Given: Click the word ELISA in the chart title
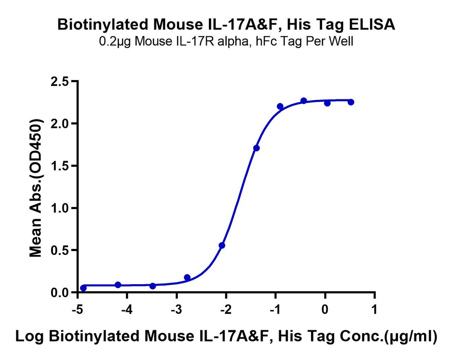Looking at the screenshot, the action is pyautogui.click(x=372, y=25).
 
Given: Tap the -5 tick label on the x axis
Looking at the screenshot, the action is pyautogui.click(x=78, y=310).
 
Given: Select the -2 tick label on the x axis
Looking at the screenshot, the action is pyautogui.click(x=226, y=310).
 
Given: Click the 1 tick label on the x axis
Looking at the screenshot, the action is pyautogui.click(x=375, y=310).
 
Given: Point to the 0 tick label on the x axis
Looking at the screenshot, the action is pyautogui.click(x=325, y=310).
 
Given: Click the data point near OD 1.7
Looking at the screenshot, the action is pyautogui.click(x=256, y=148).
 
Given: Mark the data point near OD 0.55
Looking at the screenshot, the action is pyautogui.click(x=222, y=246).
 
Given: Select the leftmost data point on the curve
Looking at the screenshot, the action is pyautogui.click(x=83, y=288).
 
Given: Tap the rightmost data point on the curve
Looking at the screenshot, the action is pyautogui.click(x=351, y=102).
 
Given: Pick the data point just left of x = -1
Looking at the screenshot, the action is pyautogui.click(x=280, y=106).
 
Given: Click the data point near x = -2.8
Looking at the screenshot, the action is pyautogui.click(x=187, y=277).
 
